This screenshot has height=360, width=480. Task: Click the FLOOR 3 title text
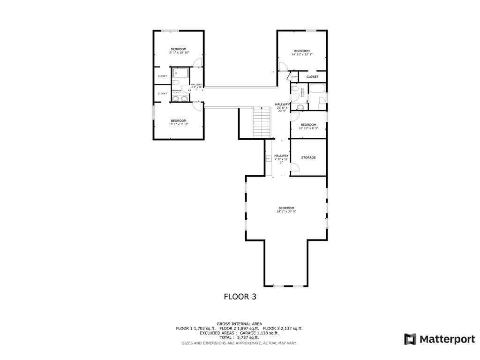point(240,296)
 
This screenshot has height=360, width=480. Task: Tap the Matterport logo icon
point(410,339)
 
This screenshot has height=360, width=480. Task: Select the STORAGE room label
point(308,157)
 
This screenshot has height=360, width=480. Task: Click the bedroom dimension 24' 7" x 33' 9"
point(286,211)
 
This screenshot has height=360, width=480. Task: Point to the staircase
point(262,122)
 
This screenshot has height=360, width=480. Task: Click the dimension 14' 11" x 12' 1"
point(302,54)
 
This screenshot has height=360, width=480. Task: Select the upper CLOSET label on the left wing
point(162,76)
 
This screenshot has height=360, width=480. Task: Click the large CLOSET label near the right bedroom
point(312,77)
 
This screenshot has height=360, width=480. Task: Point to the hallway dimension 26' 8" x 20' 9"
point(282,109)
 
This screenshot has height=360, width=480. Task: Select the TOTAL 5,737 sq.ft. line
point(240,337)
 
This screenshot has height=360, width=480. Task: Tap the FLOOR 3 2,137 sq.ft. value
point(283,328)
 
